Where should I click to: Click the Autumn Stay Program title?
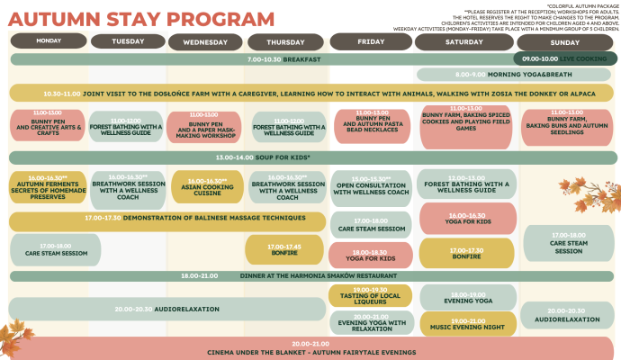pyautogui.click(x=142, y=19)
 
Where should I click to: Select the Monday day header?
pyautogui.click(x=49, y=41)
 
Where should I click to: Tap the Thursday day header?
pyautogui.click(x=285, y=42)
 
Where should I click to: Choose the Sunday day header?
pyautogui.click(x=564, y=42)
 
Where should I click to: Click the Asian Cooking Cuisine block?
pyautogui.click(x=207, y=186)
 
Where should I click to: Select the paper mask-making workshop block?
pyautogui.click(x=207, y=127)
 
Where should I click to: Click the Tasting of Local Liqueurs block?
pyautogui.click(x=370, y=295)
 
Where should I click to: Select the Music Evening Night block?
pyautogui.click(x=465, y=325)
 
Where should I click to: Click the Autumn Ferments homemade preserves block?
pyautogui.click(x=49, y=186)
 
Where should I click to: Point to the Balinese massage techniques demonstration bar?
pyautogui.click(x=166, y=218)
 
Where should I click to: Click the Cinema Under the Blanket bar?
pyautogui.click(x=311, y=347)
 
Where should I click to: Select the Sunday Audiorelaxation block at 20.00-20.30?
pyautogui.click(x=566, y=315)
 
